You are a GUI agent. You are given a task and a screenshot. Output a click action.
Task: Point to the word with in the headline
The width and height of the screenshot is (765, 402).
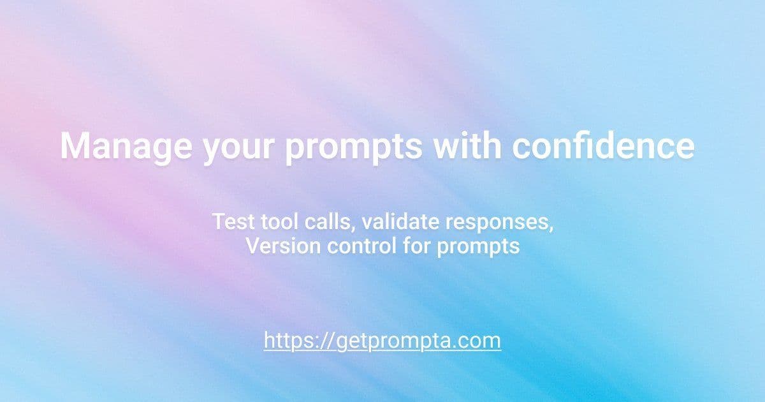tap(466, 146)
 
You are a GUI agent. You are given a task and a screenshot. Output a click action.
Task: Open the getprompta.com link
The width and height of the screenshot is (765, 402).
tap(382, 340)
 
